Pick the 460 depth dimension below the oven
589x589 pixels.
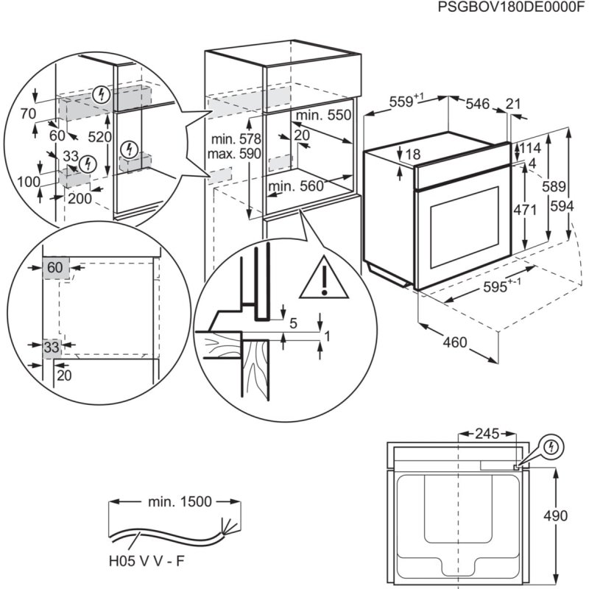[456, 342]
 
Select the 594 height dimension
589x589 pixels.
[562, 208]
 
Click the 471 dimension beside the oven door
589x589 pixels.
[524, 210]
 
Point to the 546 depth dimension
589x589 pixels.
[477, 105]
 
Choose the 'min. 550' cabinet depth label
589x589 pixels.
[324, 116]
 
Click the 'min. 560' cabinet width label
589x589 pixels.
[296, 187]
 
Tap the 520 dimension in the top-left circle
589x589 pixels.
[99, 137]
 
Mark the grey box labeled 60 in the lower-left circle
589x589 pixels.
[56, 268]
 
